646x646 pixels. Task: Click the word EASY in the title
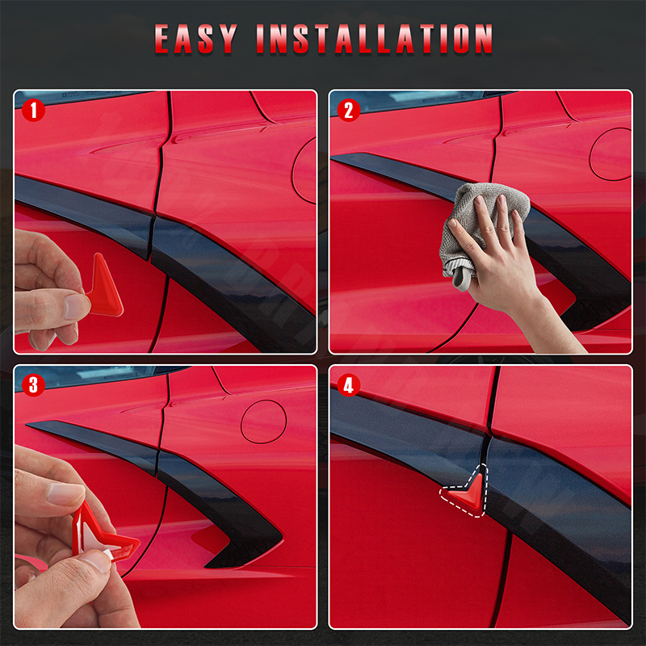[x=196, y=39]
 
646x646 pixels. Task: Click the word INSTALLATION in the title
[x=375, y=39]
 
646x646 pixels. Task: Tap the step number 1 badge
[x=33, y=110]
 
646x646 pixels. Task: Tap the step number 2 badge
[x=349, y=110]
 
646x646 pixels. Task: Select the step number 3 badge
[x=33, y=385]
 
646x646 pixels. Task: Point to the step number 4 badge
[x=349, y=385]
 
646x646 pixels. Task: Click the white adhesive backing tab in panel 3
[x=105, y=553]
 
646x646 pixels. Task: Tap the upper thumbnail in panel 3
[x=65, y=493]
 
